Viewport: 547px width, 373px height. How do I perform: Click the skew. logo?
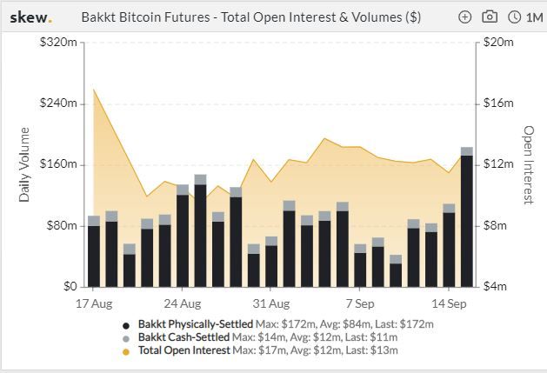(30, 17)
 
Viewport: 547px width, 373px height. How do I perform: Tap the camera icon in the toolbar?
(490, 17)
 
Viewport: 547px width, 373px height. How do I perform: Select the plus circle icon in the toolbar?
(465, 17)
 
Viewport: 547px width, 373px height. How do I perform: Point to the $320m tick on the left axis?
(59, 43)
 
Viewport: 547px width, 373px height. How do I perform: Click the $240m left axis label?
(59, 103)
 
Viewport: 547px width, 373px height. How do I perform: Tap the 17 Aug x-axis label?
(94, 304)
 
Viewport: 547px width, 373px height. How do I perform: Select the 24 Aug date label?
(183, 304)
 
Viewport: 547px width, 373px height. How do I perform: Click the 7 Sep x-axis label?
(360, 304)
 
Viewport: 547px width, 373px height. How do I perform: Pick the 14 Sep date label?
(449, 304)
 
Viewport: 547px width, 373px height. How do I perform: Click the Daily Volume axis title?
(24, 164)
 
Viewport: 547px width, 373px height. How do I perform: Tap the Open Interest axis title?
(528, 164)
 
